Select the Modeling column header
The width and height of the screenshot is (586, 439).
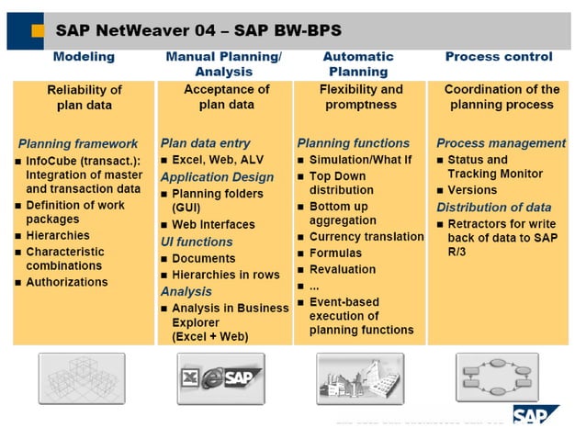84,57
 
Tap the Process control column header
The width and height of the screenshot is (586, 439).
499,57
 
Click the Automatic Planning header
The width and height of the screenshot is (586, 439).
358,64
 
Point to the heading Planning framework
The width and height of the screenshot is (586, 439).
78,144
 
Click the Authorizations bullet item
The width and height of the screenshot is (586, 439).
66,282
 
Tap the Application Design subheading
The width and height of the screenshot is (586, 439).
217,176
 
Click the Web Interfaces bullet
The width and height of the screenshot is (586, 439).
214,225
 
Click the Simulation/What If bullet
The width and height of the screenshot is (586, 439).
360,160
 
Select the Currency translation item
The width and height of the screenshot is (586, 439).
366,237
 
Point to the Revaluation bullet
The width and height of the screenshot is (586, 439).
342,269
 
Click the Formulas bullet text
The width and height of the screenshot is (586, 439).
335,253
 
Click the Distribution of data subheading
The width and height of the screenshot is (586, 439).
494,207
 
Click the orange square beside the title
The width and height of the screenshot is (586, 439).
38,30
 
